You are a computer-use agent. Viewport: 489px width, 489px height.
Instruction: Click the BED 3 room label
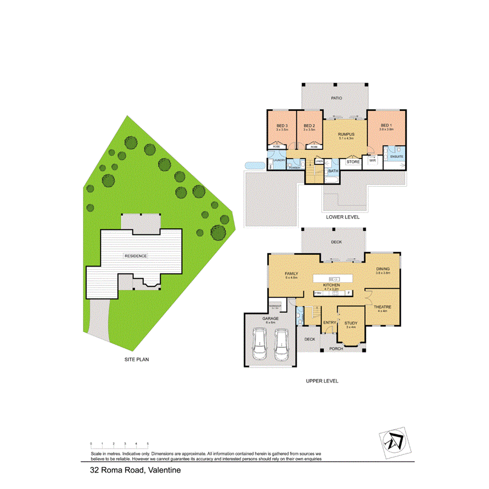coord(282,126)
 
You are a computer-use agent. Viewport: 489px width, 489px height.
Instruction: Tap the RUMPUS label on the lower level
coord(346,135)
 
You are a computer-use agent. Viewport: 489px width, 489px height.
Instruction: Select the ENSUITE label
coord(396,156)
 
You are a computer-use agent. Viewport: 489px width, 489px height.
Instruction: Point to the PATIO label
coord(336,98)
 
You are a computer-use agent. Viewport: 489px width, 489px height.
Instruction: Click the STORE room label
coord(354,162)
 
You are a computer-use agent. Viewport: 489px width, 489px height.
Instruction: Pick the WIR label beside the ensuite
coord(373,162)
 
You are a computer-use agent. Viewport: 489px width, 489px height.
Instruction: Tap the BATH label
coord(333,171)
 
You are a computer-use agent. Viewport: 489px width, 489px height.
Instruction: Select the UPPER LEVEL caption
coord(322,381)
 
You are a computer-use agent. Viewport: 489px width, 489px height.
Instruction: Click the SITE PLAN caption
coord(136,360)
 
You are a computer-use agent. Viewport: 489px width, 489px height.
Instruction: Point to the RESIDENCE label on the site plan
coord(135,256)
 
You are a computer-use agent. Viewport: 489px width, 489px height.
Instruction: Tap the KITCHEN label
coord(332,285)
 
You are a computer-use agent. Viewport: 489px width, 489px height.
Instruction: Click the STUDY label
coord(349,323)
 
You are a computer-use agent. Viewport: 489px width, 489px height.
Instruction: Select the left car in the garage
coord(259,344)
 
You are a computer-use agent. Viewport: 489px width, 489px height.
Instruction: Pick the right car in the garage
coord(282,344)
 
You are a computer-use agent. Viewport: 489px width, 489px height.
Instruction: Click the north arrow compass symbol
coord(394,442)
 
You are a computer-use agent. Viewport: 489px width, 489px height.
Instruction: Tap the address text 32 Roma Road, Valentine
coord(135,470)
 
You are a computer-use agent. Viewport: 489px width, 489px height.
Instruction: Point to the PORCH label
coord(336,349)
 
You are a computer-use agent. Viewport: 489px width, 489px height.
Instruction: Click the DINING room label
coord(382,269)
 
